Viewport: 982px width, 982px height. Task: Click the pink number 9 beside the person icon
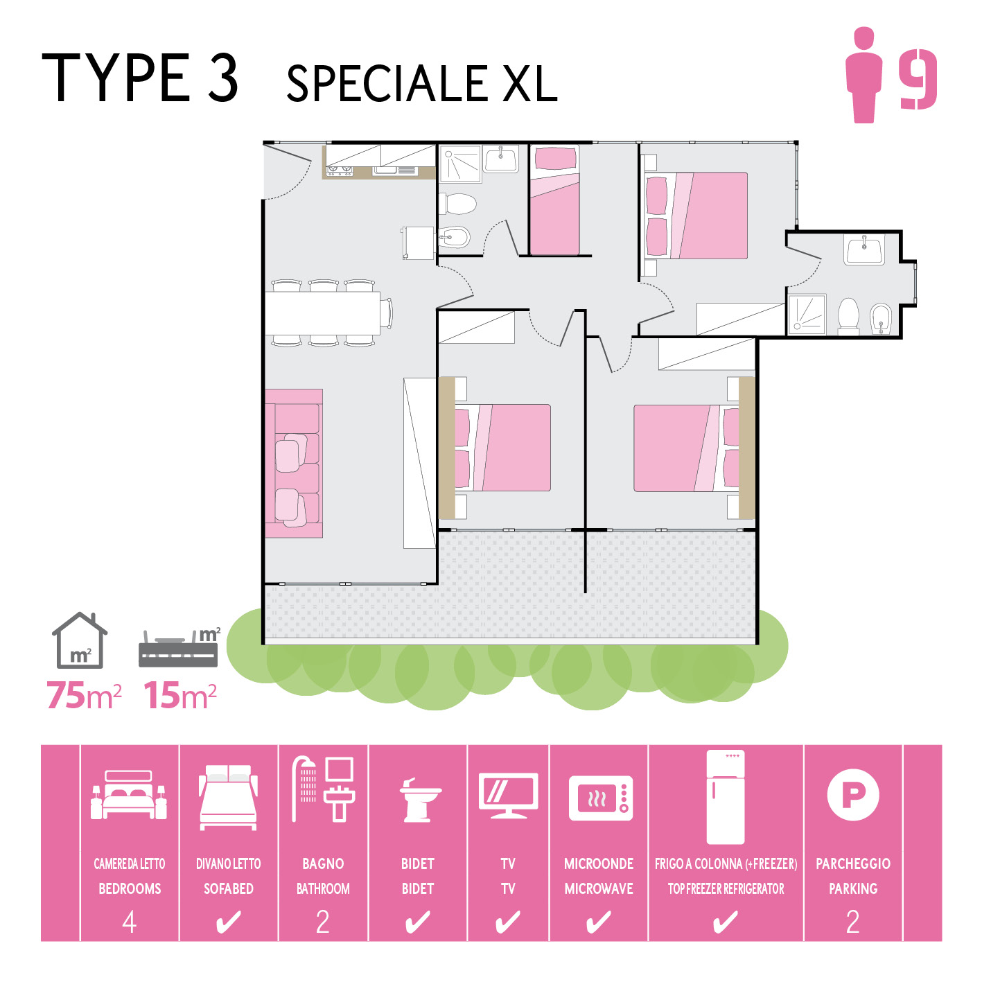click(x=918, y=80)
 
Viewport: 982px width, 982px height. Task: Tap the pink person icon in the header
click(x=863, y=75)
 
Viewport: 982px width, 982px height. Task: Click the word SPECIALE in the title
click(x=387, y=83)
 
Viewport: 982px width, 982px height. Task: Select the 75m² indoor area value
click(x=84, y=695)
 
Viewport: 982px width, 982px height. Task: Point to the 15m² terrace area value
click(x=180, y=695)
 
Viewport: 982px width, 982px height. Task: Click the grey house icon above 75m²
click(x=80, y=640)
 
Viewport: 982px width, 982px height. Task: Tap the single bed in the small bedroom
click(x=554, y=200)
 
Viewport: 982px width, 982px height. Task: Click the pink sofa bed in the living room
click(x=294, y=463)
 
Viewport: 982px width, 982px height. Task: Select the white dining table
click(x=322, y=313)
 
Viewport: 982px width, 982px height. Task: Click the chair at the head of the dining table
click(x=387, y=313)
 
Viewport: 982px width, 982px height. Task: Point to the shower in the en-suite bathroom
click(x=807, y=315)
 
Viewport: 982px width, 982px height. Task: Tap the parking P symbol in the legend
click(x=852, y=795)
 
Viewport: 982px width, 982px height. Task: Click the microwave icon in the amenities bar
click(x=600, y=798)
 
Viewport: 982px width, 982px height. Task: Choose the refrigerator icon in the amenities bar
click(x=726, y=797)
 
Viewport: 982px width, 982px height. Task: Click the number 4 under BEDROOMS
click(x=130, y=922)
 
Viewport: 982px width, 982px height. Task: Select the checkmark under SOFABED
click(x=228, y=922)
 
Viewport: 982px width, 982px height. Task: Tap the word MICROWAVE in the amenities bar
click(x=599, y=888)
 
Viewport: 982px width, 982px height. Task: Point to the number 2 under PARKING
click(x=852, y=922)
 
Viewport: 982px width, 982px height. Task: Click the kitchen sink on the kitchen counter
click(x=385, y=170)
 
